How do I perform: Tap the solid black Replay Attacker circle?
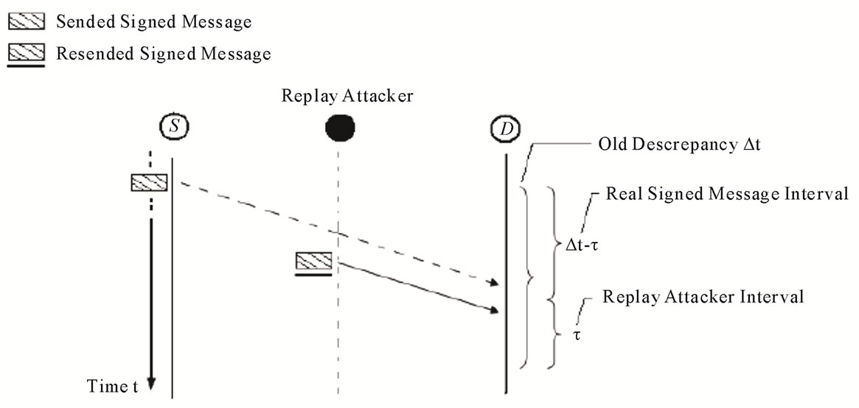[x=339, y=129]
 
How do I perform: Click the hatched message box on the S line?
[x=149, y=181]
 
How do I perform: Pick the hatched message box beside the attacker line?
[x=313, y=260]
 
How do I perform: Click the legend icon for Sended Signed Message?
[x=27, y=21]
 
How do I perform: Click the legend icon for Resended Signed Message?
[x=27, y=53]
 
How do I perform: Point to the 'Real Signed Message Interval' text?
[x=726, y=195]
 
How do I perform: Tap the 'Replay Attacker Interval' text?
[x=703, y=297]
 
